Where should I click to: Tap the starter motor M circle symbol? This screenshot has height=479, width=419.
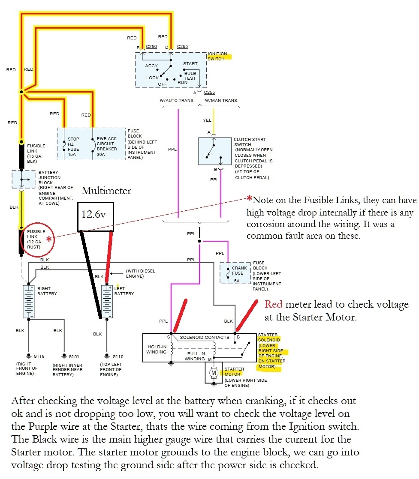pos(214,373)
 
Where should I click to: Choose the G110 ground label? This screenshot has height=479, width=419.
pos(118,356)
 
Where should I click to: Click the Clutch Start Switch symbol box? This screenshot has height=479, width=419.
pos(214,151)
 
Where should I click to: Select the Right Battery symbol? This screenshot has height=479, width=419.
pos(29,301)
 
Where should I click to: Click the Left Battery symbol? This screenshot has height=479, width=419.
pos(106,301)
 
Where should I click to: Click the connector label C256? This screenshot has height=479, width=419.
pos(151,46)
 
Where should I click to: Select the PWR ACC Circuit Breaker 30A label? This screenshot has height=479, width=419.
pos(107,147)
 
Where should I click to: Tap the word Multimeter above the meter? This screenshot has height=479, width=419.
pos(106,191)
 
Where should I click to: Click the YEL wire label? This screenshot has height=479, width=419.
pos(207,120)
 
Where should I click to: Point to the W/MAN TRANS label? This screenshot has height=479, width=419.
pos(221,101)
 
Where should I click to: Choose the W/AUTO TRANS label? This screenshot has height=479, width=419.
pos(176,101)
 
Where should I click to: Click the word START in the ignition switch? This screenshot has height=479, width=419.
pos(190,63)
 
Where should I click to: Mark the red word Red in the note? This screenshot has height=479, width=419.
pos(273,305)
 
